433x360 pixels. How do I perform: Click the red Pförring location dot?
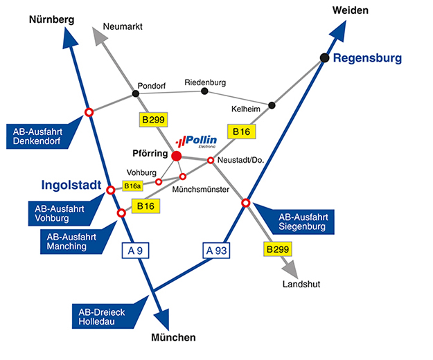pos(177,156)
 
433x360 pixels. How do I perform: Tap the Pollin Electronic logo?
pos(196,141)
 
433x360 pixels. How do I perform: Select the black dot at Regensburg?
pos(324,58)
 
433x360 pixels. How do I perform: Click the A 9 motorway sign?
pos(135,251)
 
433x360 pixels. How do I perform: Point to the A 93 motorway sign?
pos(216,251)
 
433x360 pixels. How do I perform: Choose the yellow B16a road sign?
pos(132,186)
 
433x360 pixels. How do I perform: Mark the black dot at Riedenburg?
pos(204,91)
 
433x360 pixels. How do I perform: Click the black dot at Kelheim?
pos(272,105)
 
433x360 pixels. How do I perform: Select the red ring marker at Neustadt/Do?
pos(211,161)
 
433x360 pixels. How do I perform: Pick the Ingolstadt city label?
pos(71,185)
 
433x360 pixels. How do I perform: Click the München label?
pos(173,337)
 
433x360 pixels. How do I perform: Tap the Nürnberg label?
pos(52,20)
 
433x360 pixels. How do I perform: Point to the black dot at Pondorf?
pos(136,93)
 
